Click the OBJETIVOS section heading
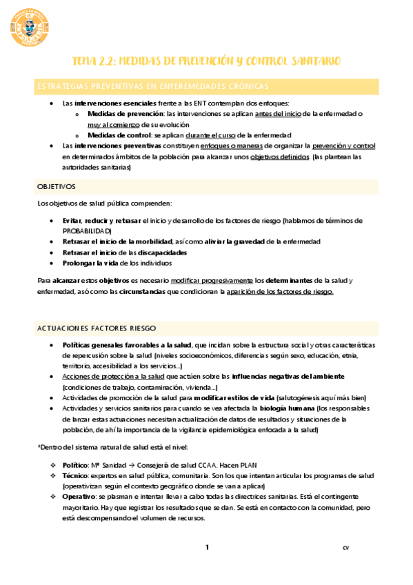click(57, 187)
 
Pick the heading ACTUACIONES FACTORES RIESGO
click(97, 328)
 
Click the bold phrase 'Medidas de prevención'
click(127, 113)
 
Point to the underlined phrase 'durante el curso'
click(208, 135)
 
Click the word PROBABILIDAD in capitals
click(81, 230)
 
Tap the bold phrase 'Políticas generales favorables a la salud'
click(128, 344)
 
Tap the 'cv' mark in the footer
click(345, 548)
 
